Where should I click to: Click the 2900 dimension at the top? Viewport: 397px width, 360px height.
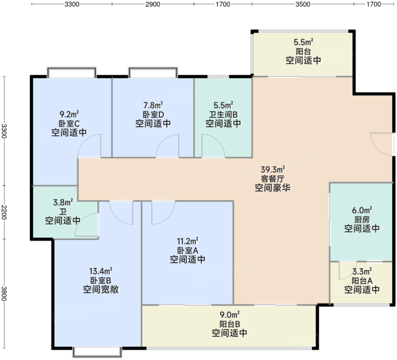point(153,4)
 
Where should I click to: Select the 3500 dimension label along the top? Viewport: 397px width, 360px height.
point(303,4)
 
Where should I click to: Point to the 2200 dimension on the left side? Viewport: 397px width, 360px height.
point(4,212)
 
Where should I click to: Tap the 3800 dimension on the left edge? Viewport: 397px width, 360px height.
point(4,293)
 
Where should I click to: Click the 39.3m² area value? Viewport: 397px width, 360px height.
point(273,169)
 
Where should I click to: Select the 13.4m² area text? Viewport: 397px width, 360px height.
point(101,271)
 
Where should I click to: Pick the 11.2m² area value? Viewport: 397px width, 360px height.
point(187,241)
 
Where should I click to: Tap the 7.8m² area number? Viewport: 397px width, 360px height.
point(153,105)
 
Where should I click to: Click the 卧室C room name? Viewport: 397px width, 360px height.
point(69,124)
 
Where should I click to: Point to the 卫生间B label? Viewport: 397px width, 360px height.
point(223,115)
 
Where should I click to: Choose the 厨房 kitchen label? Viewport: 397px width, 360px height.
point(362,220)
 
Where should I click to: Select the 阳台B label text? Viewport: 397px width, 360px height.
point(230,324)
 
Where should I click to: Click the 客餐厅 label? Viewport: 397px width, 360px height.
point(273,179)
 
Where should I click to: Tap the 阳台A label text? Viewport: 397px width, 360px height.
point(362,281)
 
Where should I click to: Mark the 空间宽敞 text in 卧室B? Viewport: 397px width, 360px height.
point(101,289)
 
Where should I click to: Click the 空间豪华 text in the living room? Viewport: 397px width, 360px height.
point(273,188)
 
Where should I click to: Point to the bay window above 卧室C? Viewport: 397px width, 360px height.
point(71,72)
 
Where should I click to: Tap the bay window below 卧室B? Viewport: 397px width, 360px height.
point(97,353)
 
